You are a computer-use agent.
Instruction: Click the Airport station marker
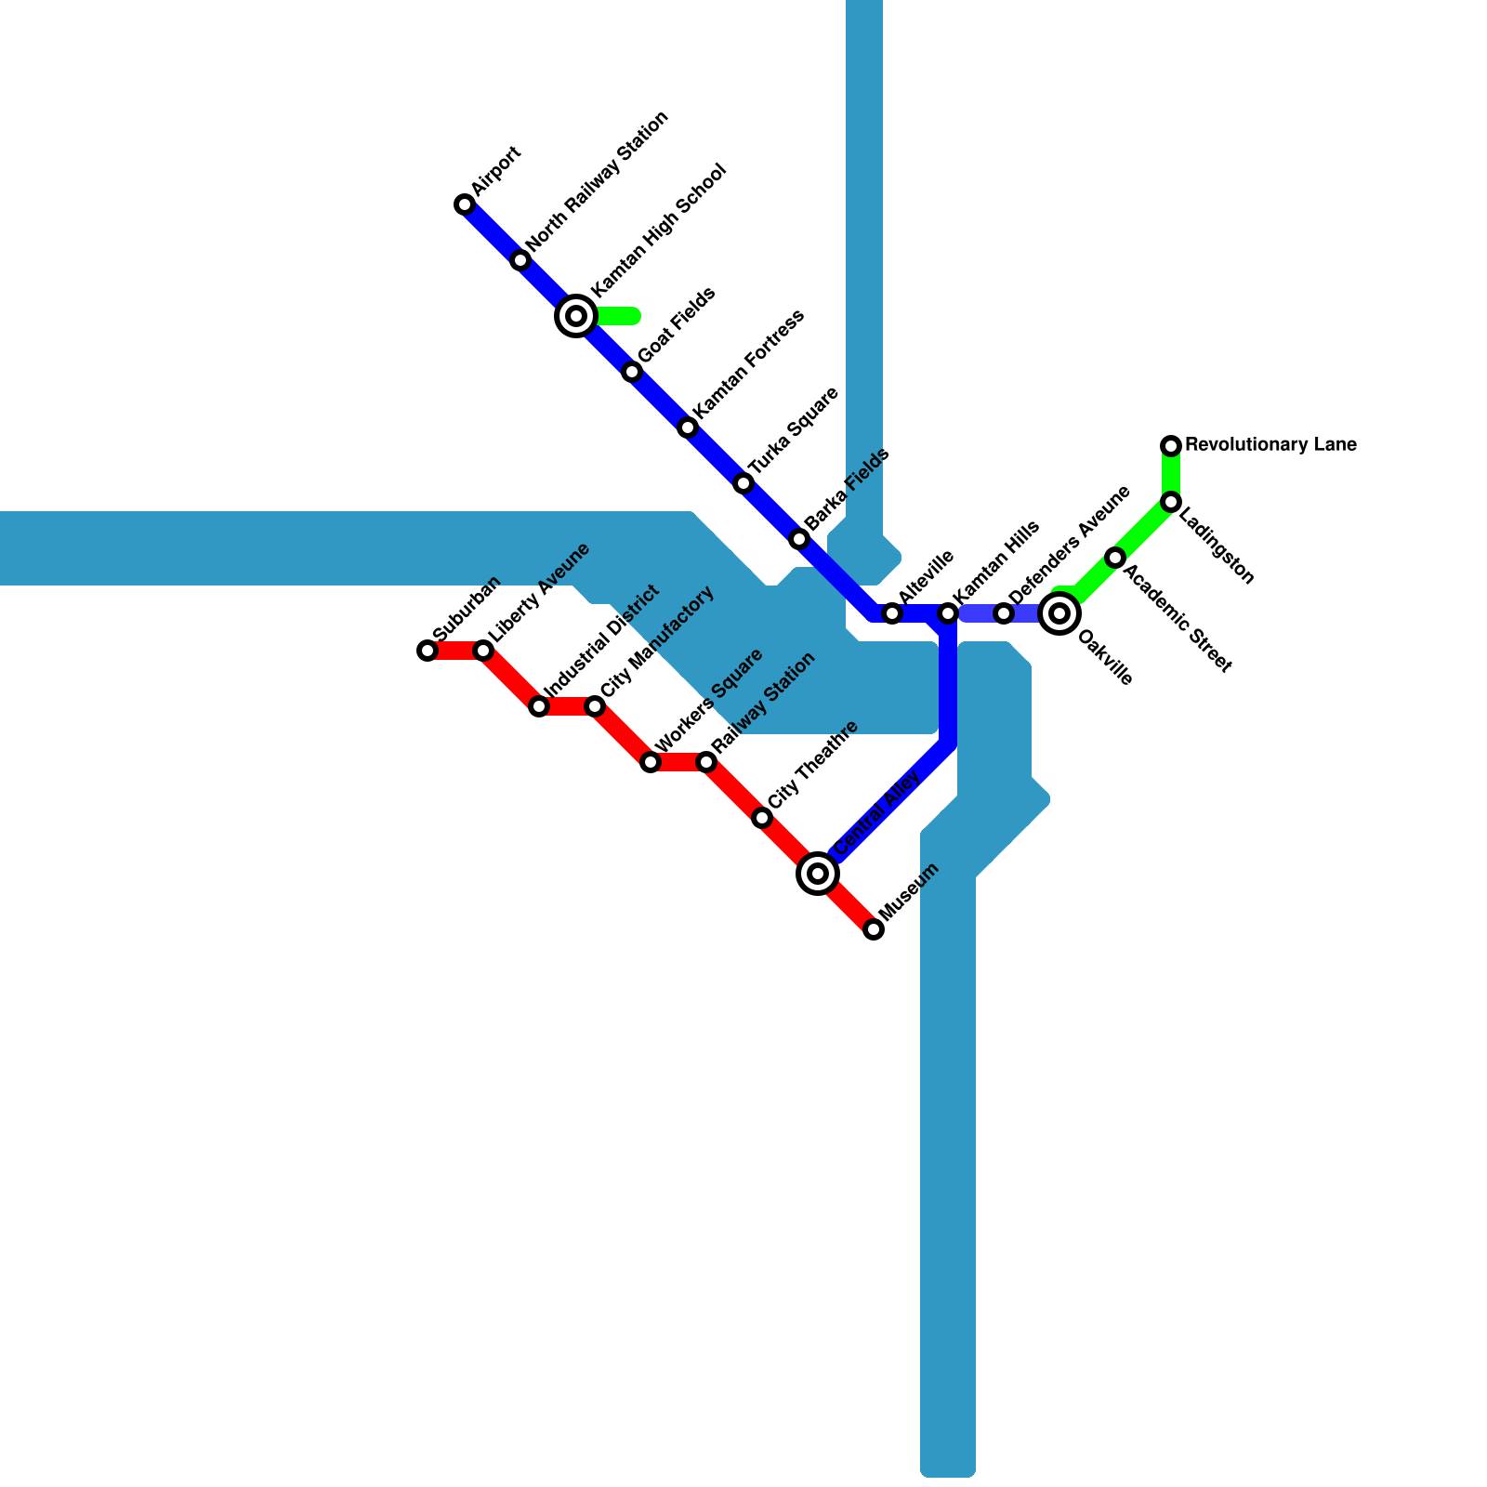[465, 204]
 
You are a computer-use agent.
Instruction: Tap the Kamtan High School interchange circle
[576, 316]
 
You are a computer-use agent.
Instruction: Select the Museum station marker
[874, 929]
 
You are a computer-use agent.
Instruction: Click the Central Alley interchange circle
[818, 874]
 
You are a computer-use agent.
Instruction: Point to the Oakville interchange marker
[1059, 613]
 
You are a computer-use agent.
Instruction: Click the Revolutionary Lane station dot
[1171, 446]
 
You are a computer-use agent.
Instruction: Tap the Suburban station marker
[428, 651]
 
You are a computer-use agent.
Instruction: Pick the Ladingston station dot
[1171, 502]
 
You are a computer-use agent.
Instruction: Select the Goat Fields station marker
[632, 372]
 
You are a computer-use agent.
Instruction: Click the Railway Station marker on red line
[706, 762]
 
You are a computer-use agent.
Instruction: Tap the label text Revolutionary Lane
[1270, 445]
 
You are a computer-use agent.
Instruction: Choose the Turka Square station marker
[743, 483]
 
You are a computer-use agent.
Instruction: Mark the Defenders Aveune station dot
[1004, 613]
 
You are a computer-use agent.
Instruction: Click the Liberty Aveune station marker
[483, 651]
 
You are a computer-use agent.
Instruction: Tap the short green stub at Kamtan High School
[619, 316]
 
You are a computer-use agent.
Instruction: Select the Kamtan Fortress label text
[748, 363]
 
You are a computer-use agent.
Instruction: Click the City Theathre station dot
[762, 818]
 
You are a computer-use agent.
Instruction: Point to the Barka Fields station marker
[799, 539]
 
